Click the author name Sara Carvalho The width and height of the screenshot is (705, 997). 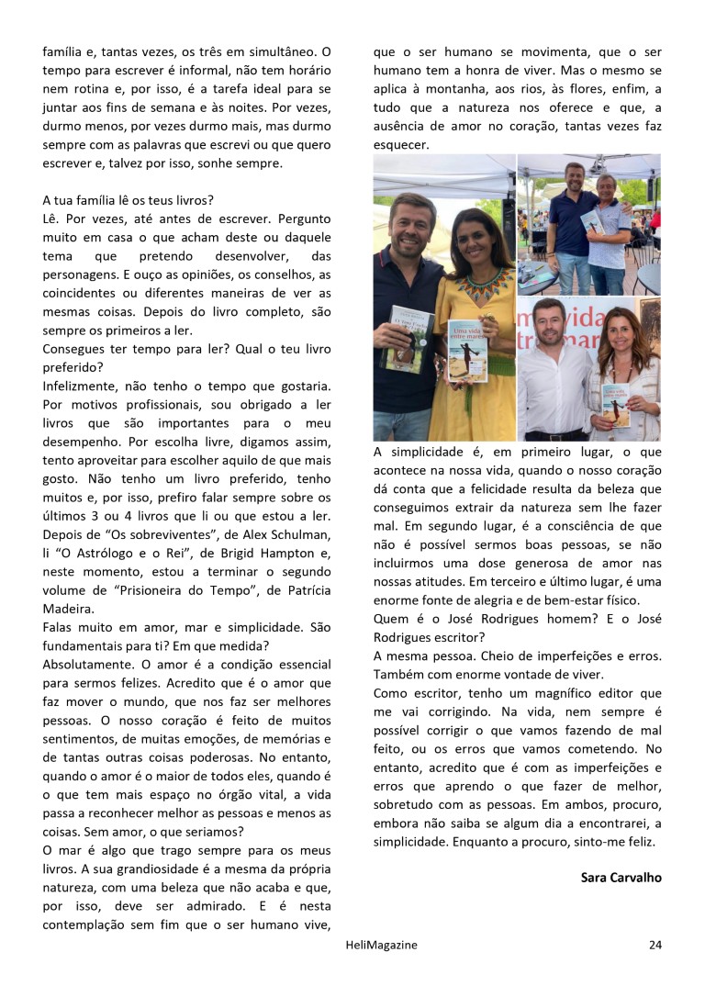[621, 877]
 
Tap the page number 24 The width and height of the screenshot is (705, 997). [655, 944]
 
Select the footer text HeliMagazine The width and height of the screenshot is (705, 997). [364, 944]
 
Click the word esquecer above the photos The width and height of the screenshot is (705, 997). [401, 146]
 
